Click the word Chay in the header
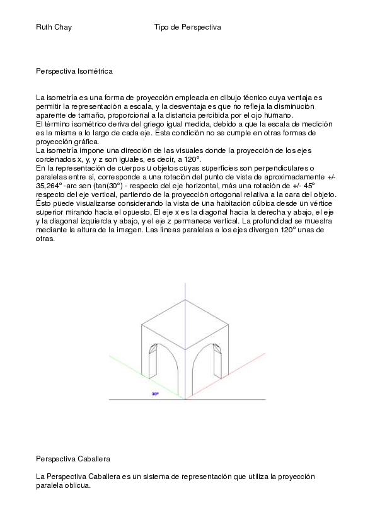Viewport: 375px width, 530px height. coord(63,28)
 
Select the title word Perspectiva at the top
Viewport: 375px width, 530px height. coord(201,28)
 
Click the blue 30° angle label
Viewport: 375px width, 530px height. coord(155,393)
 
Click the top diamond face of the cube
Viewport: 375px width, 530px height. coord(185,325)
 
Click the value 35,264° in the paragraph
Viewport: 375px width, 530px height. coord(52,186)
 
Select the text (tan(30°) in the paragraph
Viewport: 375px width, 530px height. coord(111,186)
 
